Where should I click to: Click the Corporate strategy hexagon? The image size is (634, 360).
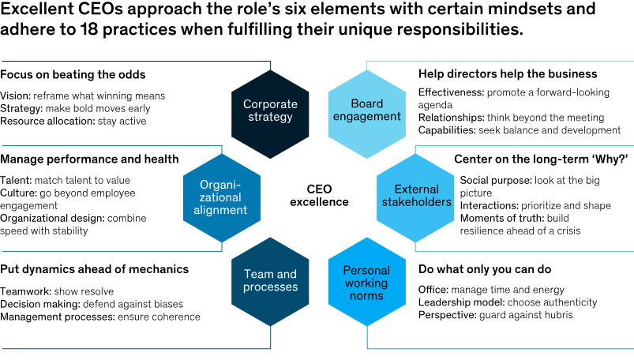coord(270,111)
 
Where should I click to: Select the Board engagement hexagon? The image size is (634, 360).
coord(365,111)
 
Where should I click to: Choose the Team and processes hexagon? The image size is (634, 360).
coord(270,280)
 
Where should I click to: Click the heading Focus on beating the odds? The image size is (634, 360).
coord(73,74)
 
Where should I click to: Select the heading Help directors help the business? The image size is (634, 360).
coord(508,74)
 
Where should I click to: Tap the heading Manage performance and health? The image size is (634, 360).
coord(89,159)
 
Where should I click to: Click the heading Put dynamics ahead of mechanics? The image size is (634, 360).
coord(94,269)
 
